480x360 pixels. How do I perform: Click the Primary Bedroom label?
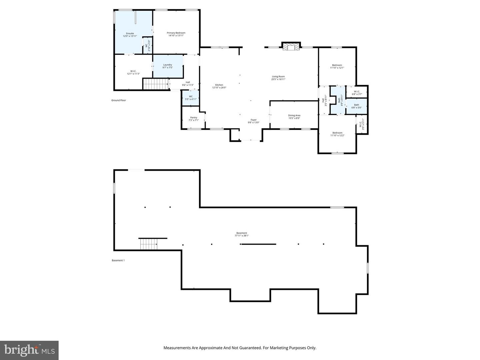pyautogui.click(x=176, y=33)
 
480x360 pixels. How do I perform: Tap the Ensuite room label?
pyautogui.click(x=130, y=34)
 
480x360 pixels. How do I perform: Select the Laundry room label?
pyautogui.click(x=168, y=65)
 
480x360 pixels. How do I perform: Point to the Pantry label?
pyautogui.click(x=194, y=118)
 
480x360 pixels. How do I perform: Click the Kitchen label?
pyautogui.click(x=219, y=85)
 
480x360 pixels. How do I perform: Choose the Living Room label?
pyautogui.click(x=278, y=77)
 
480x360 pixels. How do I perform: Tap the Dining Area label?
pyautogui.click(x=294, y=116)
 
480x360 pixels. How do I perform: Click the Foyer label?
pyautogui.click(x=254, y=120)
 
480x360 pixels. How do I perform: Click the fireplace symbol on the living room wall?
pyautogui.click(x=291, y=47)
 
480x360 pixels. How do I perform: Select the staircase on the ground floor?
pyautogui.click(x=156, y=84)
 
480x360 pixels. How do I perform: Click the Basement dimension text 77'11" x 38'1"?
pyautogui.click(x=242, y=236)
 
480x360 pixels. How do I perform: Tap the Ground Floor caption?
pyautogui.click(x=119, y=100)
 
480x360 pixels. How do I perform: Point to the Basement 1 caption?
pyautogui.click(x=118, y=260)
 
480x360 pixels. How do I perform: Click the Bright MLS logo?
pyautogui.click(x=29, y=350)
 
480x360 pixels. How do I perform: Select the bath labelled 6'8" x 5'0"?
pyautogui.click(x=356, y=106)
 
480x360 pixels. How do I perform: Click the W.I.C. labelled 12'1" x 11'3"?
pyautogui.click(x=133, y=72)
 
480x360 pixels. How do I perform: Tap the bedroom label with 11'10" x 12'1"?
pyautogui.click(x=337, y=66)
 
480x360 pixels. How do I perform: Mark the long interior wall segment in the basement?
pyautogui.click(x=259, y=244)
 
